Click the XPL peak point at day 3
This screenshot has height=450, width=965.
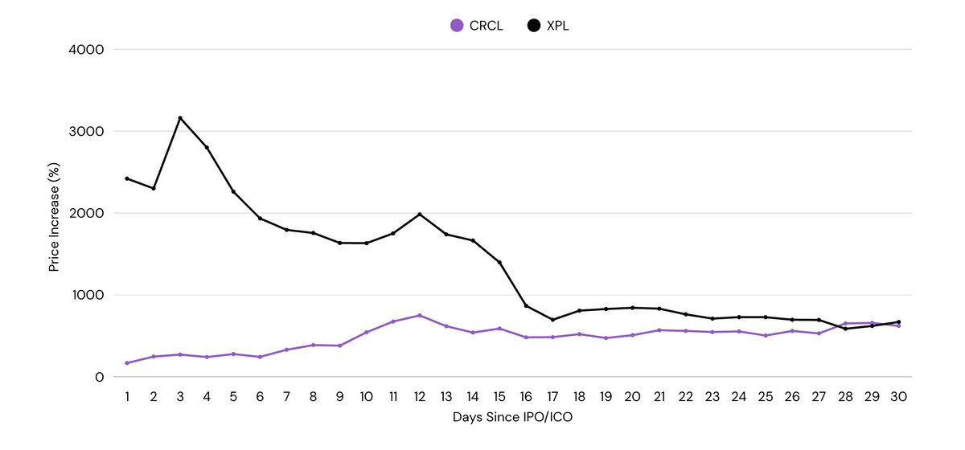(x=180, y=118)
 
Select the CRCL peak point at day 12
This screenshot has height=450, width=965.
(x=420, y=315)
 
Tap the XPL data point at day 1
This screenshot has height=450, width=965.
(x=127, y=178)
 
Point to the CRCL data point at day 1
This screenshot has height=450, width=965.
(x=127, y=363)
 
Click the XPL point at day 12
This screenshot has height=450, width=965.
(x=420, y=215)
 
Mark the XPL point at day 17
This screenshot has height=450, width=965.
(x=552, y=320)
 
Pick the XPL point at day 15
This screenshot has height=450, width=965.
(x=499, y=263)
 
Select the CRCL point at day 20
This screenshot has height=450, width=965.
(x=632, y=335)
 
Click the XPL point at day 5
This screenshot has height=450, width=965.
(x=233, y=191)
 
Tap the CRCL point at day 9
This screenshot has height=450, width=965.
(x=339, y=346)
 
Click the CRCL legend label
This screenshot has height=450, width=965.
(x=486, y=26)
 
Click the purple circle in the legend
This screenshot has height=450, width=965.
(x=457, y=26)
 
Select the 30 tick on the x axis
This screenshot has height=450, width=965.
(x=898, y=397)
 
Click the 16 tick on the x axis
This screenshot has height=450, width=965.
(x=526, y=397)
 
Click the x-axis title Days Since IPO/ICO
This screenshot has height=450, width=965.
(x=512, y=419)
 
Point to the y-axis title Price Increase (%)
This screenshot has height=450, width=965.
(x=54, y=213)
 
